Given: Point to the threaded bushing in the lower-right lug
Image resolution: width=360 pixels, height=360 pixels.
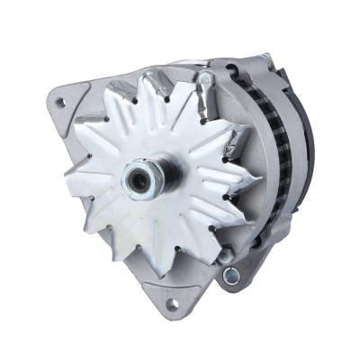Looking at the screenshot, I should (x=231, y=274).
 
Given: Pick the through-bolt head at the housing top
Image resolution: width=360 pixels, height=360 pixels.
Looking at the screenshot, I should (x=204, y=80).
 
